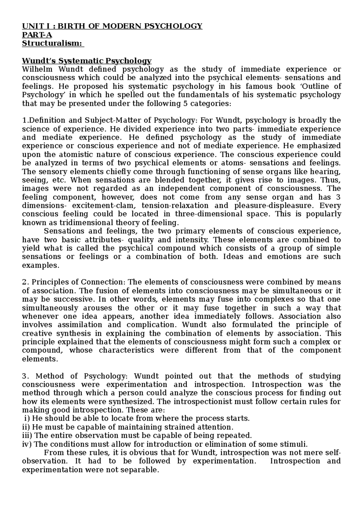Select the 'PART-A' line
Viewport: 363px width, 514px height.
(35, 35)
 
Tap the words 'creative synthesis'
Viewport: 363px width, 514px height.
(56, 334)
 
